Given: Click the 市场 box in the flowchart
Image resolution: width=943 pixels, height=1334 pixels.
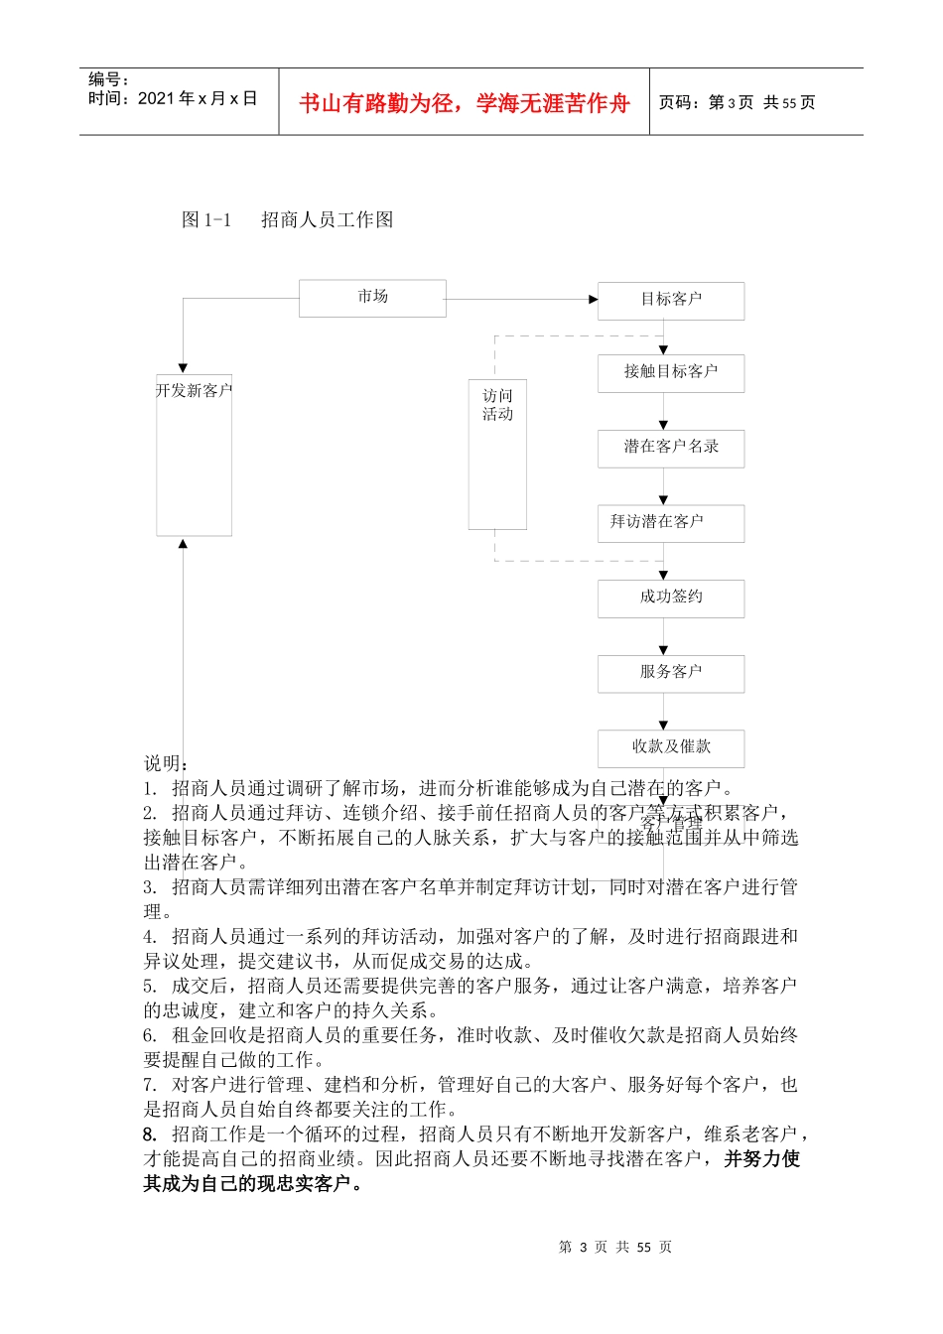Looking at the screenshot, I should (372, 298).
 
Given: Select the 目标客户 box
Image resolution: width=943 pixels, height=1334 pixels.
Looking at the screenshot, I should (671, 300).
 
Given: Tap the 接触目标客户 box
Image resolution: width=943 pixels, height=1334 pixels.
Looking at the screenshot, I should (671, 372).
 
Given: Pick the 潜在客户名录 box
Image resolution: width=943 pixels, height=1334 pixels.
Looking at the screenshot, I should (671, 448).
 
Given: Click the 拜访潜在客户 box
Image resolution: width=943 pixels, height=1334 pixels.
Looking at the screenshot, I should (671, 522).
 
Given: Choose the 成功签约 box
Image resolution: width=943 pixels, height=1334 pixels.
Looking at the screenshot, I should (671, 598).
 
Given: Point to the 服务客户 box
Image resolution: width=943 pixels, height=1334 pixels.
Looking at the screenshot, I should (671, 673).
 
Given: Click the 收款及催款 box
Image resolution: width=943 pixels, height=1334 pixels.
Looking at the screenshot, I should (671, 747).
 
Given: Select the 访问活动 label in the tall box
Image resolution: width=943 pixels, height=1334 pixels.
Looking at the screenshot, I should (497, 405).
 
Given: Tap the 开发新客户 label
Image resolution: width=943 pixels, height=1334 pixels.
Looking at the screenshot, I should (194, 391).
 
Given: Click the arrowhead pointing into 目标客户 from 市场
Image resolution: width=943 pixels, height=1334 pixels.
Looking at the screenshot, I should (593, 299).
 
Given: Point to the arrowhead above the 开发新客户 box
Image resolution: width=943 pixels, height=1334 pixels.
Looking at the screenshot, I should (183, 367).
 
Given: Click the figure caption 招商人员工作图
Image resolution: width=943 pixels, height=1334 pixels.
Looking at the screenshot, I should (327, 219).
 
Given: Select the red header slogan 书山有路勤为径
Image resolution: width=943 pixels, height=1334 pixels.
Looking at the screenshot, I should (464, 103).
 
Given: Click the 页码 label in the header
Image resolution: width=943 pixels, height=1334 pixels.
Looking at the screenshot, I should (680, 102).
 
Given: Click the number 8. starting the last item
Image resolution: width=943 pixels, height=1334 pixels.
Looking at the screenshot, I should (150, 1134).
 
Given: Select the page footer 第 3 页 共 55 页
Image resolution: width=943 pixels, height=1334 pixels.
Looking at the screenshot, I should (615, 1247).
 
